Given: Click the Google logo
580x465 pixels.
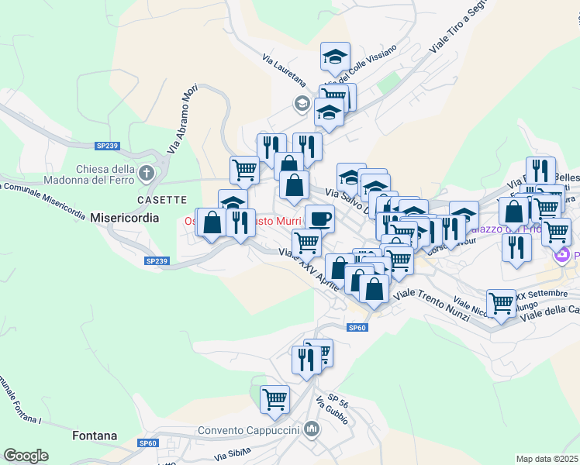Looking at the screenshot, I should click(x=26, y=456).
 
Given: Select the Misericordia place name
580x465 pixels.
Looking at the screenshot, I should click(x=124, y=218).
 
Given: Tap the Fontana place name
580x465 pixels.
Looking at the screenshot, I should click(x=95, y=436).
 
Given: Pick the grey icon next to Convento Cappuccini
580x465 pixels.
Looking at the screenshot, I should click(x=312, y=428).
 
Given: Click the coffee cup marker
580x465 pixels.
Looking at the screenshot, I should click(x=319, y=218).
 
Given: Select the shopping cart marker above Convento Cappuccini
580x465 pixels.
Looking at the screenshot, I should click(x=274, y=399).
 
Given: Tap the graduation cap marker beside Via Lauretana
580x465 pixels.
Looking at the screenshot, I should click(x=335, y=56).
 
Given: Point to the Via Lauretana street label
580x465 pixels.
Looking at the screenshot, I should click(x=284, y=71).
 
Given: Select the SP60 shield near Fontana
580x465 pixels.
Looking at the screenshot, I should click(x=148, y=443).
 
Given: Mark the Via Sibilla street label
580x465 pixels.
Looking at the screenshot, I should click(x=233, y=453).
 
